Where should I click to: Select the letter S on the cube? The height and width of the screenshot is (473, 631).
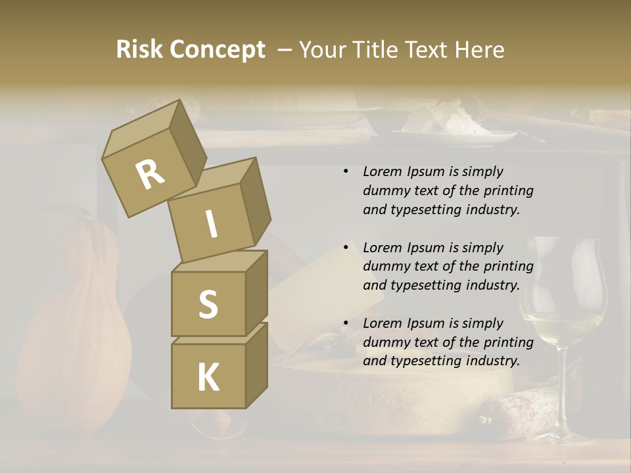tap(208, 304)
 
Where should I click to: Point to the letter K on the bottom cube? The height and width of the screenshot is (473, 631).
tap(208, 378)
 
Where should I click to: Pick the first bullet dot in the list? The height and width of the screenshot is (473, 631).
tap(346, 172)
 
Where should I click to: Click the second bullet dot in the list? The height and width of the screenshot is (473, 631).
tap(346, 248)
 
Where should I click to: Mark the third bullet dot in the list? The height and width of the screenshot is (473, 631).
tap(346, 323)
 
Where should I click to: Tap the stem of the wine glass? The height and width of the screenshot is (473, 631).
tap(563, 388)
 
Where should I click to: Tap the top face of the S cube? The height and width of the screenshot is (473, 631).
tap(220, 261)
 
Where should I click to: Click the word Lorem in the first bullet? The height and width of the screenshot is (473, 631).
tap(381, 172)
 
